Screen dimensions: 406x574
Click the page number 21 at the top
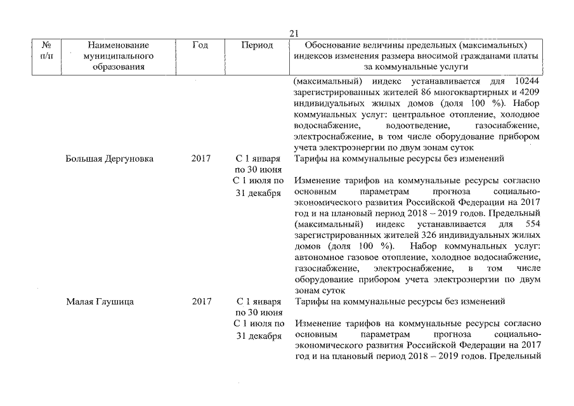(x=293, y=34)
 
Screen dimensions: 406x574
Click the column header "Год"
(x=200, y=45)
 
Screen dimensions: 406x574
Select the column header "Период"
(x=258, y=45)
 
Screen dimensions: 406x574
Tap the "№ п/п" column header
(x=46, y=50)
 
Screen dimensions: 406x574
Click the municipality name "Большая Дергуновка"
(x=109, y=159)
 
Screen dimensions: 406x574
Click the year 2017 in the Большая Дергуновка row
(x=201, y=159)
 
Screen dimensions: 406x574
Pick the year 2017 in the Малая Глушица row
(x=201, y=301)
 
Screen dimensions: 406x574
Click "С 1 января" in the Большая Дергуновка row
(x=258, y=159)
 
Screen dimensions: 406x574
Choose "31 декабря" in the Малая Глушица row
(x=258, y=336)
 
